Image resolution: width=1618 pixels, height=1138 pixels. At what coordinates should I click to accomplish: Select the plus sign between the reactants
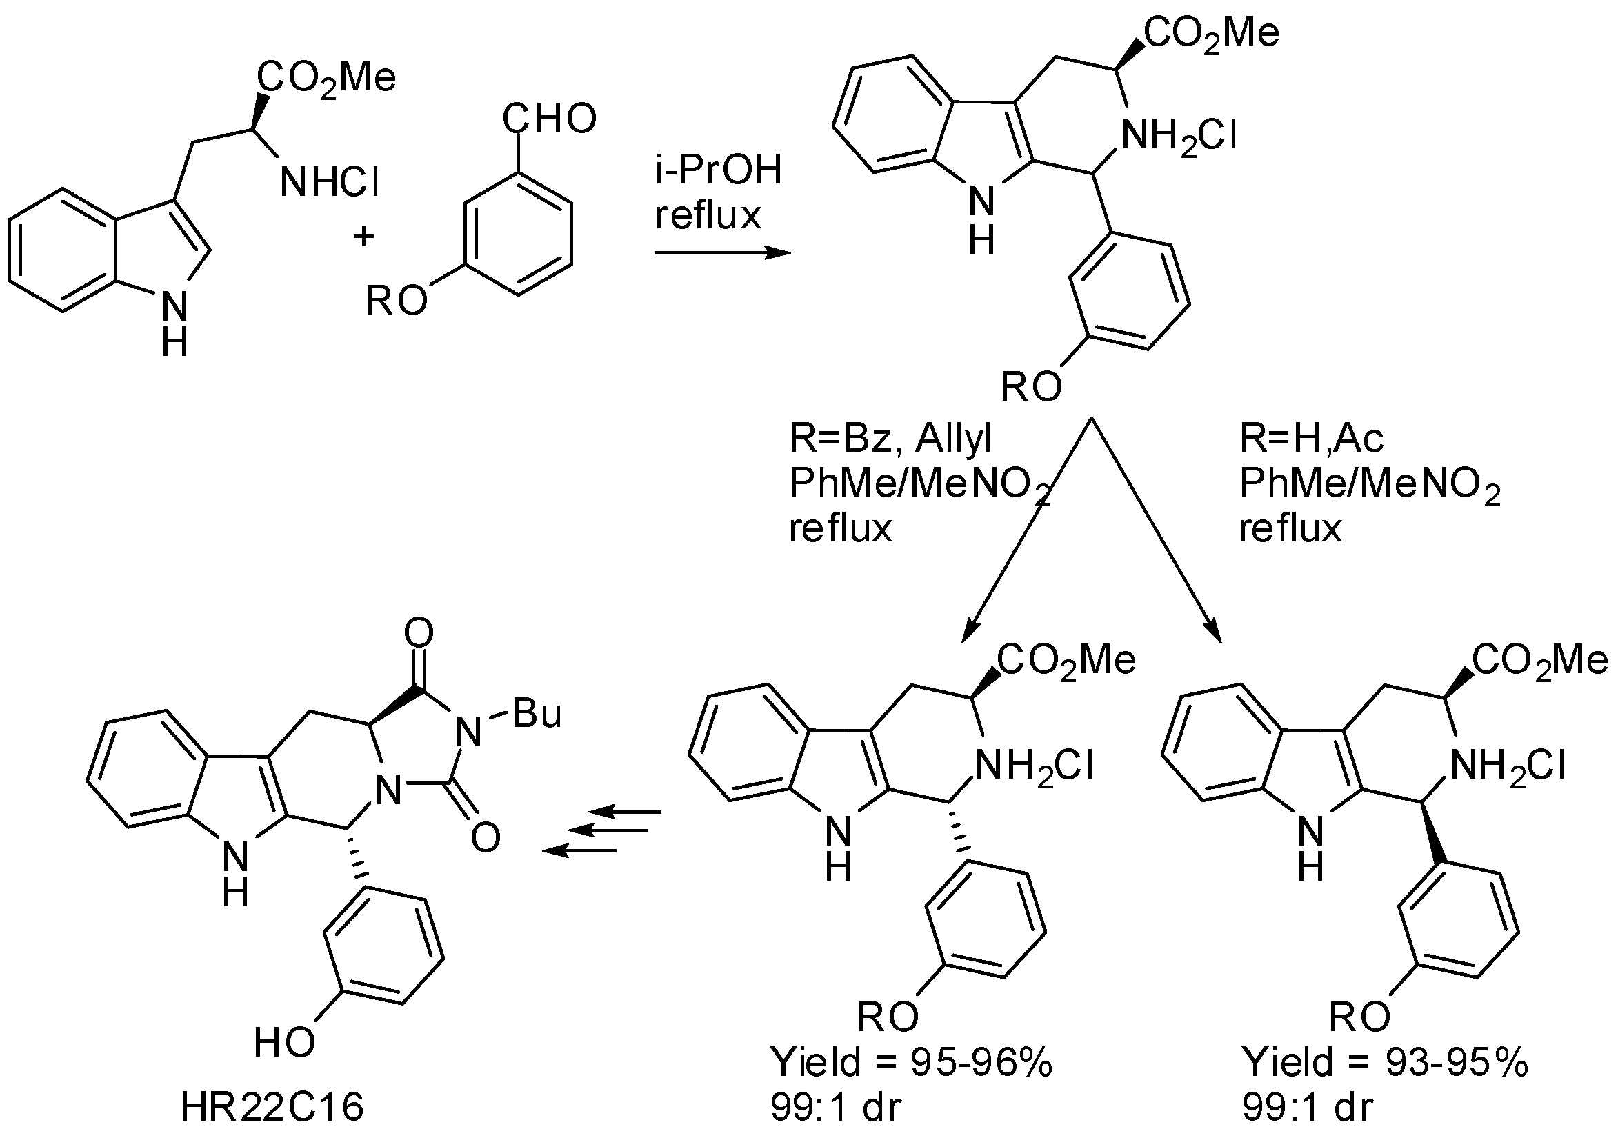pos(363,237)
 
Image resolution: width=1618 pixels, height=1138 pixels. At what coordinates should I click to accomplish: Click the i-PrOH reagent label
pos(718,171)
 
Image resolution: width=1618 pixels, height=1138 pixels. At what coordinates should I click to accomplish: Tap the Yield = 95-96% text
pos(912,1063)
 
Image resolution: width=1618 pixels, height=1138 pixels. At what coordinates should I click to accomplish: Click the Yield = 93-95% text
pos(1385,1063)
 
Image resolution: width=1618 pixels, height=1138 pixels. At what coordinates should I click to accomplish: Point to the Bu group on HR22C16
pos(537,714)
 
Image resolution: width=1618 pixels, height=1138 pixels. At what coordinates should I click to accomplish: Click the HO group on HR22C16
pos(284,1043)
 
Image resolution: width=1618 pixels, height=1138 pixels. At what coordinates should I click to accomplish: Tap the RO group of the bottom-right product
pos(1360,1017)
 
